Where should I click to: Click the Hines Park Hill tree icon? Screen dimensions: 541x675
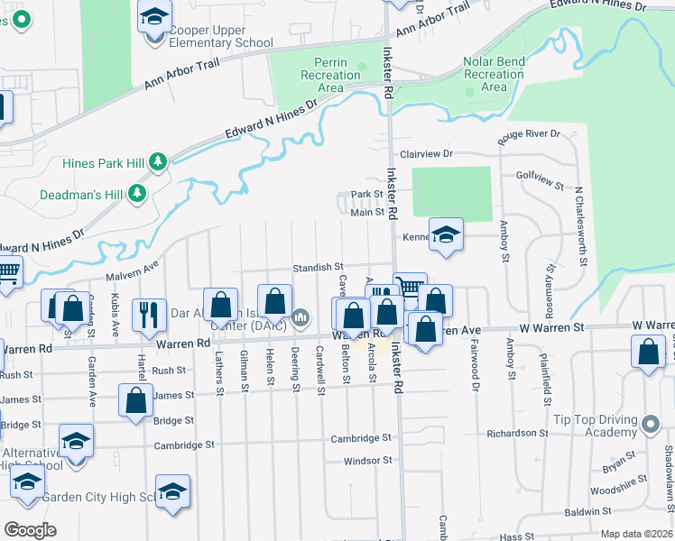pos(159,162)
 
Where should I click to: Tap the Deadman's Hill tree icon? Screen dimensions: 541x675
pos(137,193)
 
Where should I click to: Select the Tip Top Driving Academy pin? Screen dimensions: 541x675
pos(652,423)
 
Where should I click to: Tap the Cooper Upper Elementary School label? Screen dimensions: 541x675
pos(221,36)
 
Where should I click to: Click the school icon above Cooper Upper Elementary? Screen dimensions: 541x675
pos(155,15)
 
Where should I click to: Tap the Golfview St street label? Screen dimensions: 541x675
pos(540,180)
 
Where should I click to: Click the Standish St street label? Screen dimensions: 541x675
pos(319,267)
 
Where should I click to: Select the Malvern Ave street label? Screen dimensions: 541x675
pos(132,269)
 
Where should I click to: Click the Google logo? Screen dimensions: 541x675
pos(31,530)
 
